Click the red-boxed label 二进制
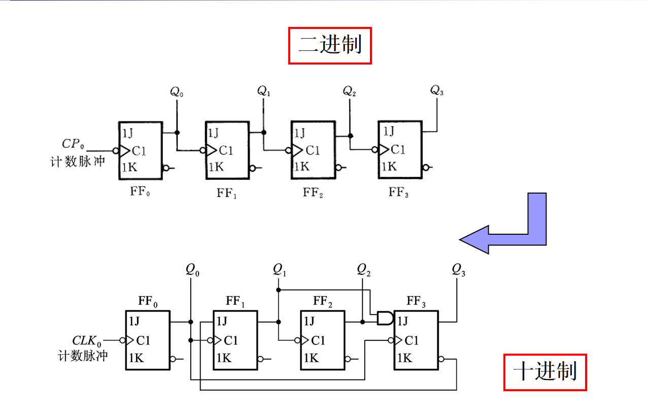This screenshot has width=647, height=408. click(330, 46)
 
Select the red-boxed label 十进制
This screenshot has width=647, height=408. click(545, 372)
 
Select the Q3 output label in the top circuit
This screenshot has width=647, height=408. click(437, 91)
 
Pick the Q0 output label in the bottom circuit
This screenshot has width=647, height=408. click(192, 270)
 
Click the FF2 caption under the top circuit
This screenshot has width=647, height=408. click(313, 193)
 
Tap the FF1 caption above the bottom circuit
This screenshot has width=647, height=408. click(235, 302)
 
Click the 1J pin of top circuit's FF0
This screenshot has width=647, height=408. click(128, 133)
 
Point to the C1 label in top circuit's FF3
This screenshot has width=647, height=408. click(398, 149)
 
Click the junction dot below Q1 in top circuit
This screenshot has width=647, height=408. click(263, 133)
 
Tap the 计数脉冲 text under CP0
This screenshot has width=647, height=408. click(77, 161)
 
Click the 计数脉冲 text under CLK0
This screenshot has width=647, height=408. click(83, 355)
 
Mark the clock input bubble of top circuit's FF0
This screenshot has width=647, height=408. click(116, 151)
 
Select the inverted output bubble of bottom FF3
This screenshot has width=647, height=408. click(441, 359)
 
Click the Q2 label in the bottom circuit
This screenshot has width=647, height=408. click(363, 270)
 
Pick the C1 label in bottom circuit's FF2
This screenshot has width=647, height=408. click(318, 340)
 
